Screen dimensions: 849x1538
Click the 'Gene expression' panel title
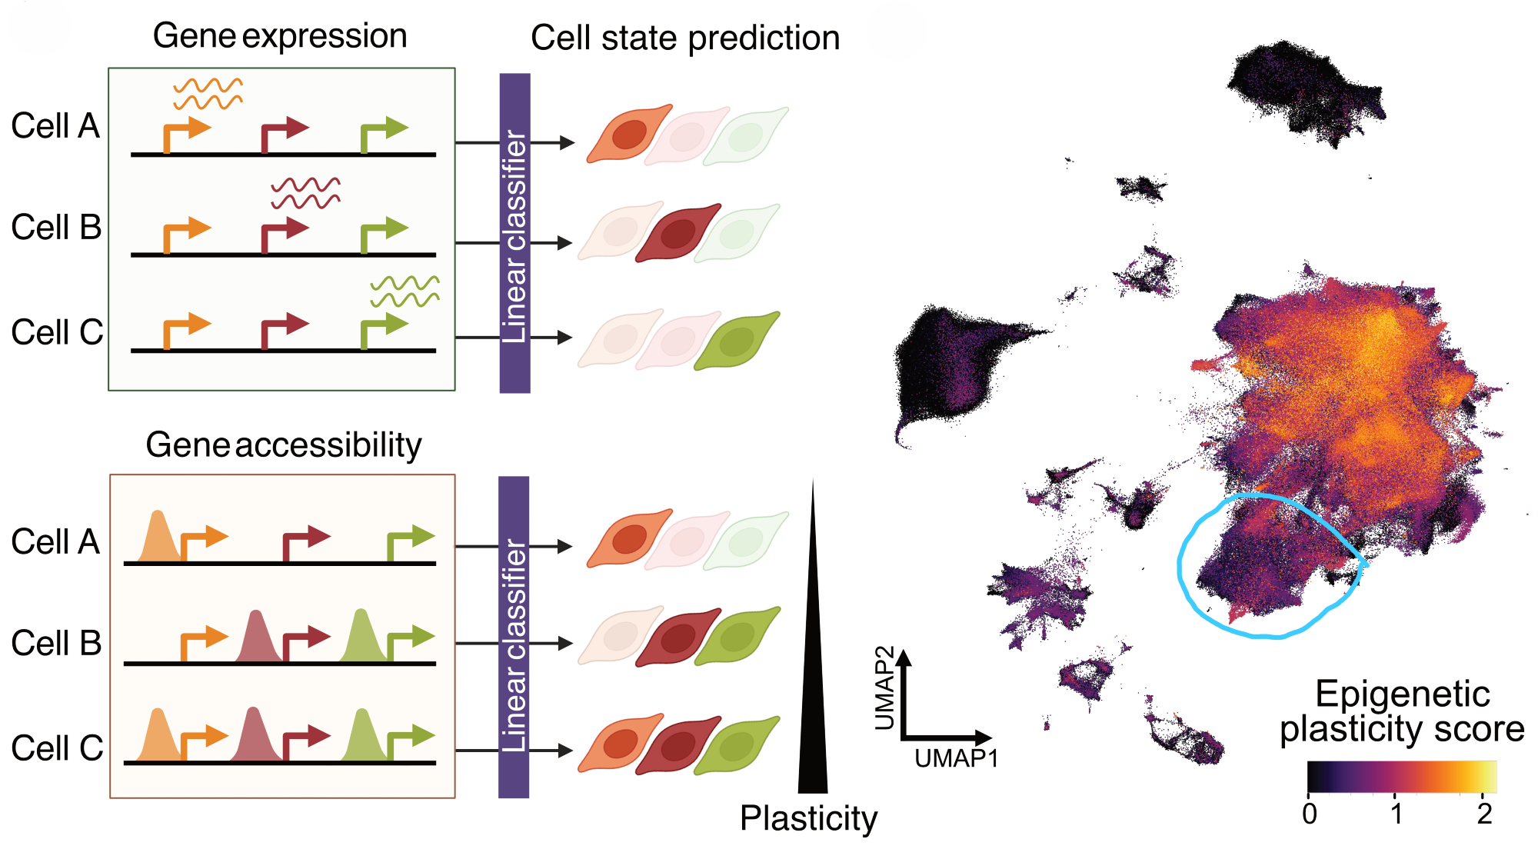(x=280, y=36)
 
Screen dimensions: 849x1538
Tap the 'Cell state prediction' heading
(x=685, y=38)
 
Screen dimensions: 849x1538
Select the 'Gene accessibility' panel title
(x=284, y=444)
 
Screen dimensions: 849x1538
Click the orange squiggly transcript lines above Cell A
(x=208, y=94)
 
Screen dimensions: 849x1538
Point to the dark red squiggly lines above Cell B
(x=305, y=193)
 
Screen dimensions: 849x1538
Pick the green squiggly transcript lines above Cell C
(x=404, y=291)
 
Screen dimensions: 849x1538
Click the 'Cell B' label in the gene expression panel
(x=56, y=228)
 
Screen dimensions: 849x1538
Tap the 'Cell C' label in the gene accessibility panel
(x=57, y=747)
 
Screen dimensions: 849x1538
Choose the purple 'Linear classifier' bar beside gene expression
(x=514, y=233)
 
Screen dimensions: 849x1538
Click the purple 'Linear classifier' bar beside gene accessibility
(x=514, y=637)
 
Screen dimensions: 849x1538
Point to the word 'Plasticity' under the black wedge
(x=808, y=818)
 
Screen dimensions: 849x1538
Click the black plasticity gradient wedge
(x=813, y=692)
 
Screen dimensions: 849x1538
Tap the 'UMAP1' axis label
(x=956, y=759)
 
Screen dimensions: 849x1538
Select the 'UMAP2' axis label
(x=885, y=688)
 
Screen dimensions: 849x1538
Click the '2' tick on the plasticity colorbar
(x=1484, y=814)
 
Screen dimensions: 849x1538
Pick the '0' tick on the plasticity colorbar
(x=1310, y=814)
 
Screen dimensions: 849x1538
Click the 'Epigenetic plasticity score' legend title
(x=1402, y=711)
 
